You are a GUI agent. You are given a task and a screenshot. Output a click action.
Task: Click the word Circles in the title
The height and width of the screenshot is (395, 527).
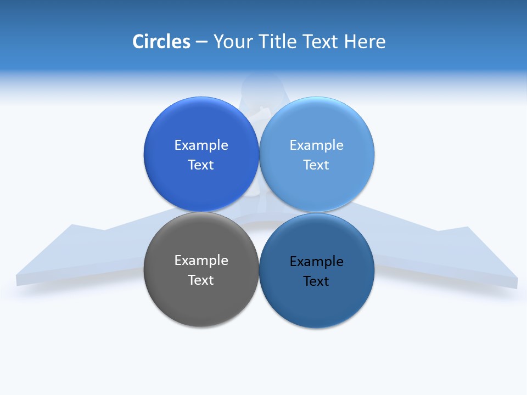click(x=161, y=42)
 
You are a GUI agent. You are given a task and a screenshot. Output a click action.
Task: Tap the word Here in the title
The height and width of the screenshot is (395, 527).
click(x=365, y=42)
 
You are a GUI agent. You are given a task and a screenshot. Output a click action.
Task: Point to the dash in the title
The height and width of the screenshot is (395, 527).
click(x=201, y=42)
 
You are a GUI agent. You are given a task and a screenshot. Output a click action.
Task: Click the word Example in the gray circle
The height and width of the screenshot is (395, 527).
click(x=201, y=261)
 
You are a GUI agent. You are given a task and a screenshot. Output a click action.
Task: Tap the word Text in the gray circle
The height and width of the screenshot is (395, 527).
click(x=201, y=280)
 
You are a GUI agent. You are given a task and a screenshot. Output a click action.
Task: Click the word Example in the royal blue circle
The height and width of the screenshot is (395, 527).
click(x=201, y=145)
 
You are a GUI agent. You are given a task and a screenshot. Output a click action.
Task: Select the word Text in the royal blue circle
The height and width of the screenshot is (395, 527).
click(x=201, y=165)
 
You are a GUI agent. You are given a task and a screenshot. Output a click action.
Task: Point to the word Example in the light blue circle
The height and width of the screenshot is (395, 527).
click(x=317, y=145)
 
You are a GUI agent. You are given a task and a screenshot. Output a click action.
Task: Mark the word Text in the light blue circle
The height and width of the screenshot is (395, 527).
click(x=317, y=165)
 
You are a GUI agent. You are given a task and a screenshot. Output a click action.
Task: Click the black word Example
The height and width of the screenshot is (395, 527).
click(x=317, y=262)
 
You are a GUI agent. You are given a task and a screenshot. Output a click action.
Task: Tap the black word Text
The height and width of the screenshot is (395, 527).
click(x=317, y=281)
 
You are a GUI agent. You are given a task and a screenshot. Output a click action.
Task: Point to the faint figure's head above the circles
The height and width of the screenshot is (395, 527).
click(x=262, y=85)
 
